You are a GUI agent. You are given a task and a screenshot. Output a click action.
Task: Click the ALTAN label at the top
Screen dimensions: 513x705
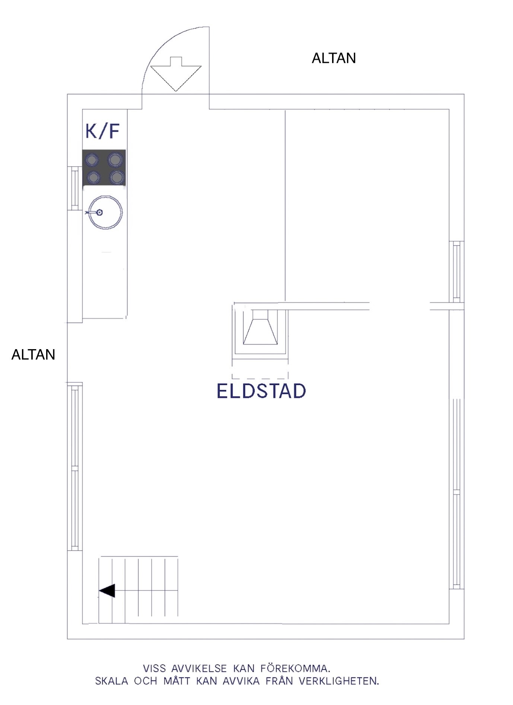pos(334,58)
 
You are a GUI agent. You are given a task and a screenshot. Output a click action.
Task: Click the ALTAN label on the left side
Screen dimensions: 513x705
pos(33,354)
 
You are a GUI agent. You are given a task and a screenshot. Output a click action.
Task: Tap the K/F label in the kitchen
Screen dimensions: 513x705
pos(103,131)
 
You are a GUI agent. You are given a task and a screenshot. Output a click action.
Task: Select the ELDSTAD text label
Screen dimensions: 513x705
pos(261,391)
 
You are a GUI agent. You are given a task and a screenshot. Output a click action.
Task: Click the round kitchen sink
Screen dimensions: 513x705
pos(106,212)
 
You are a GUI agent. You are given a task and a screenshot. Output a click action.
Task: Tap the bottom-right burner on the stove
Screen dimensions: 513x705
pos(117,178)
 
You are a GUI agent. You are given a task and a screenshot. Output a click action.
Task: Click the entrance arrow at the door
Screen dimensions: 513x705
pos(176,74)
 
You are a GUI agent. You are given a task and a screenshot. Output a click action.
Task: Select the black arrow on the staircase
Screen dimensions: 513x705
pos(107,591)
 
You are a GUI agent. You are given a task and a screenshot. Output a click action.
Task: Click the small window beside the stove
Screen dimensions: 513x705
pos(75,188)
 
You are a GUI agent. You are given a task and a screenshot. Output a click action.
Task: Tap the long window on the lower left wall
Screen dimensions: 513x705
pos(75,467)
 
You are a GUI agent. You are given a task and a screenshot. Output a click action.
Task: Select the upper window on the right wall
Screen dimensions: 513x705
pos(457,272)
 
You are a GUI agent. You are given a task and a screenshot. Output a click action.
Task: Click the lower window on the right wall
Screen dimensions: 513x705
pos(456,494)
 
